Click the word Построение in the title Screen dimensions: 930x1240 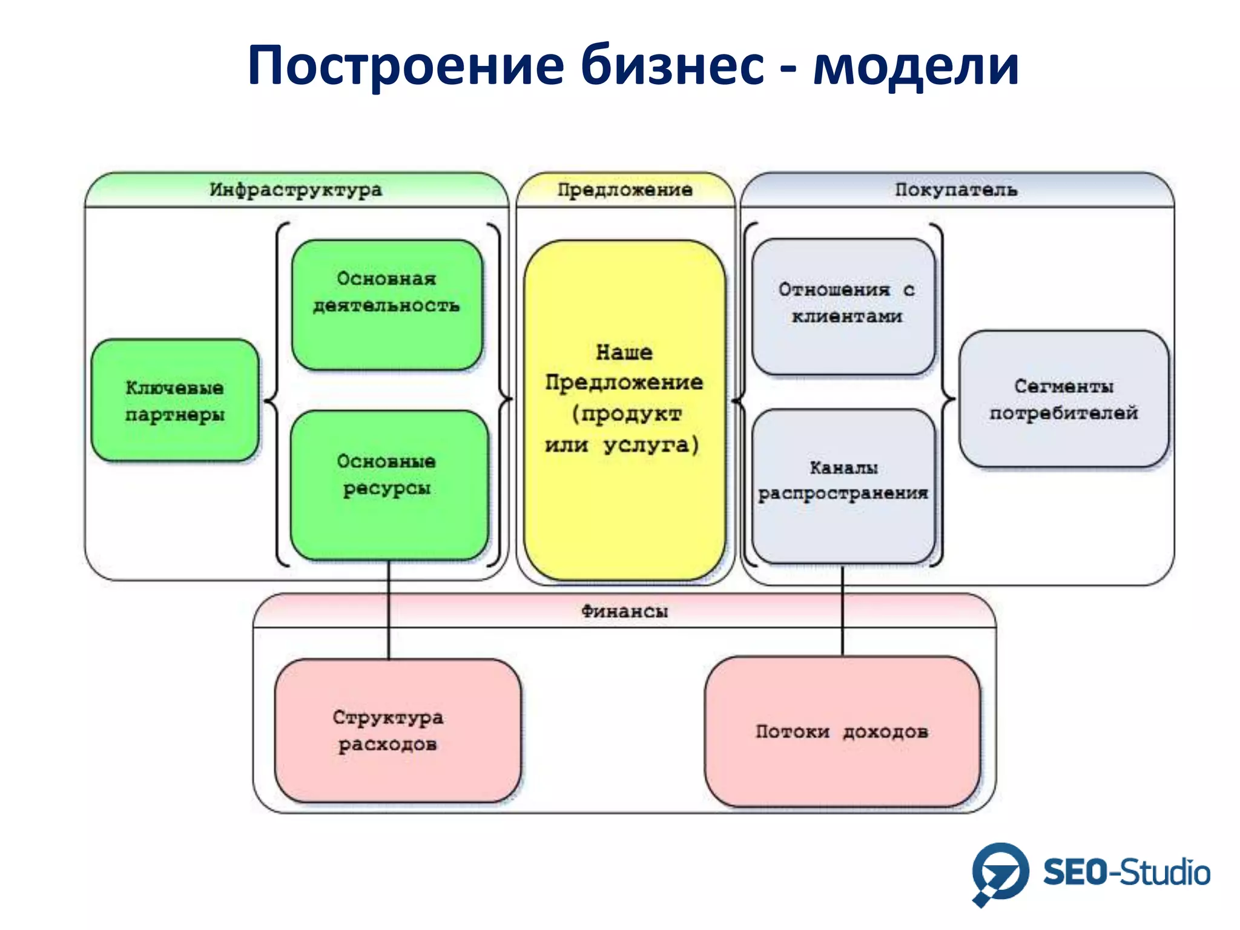click(405, 65)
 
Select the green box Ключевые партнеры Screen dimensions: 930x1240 click(175, 400)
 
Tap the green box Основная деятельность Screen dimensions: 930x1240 click(387, 305)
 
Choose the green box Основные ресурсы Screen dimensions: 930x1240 click(389, 484)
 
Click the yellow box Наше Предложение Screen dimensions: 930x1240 click(624, 411)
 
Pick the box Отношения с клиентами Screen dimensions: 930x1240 click(843, 306)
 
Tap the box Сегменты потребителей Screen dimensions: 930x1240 click(1064, 399)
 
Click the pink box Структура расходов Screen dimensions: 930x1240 click(397, 731)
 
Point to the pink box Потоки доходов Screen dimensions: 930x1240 click(842, 731)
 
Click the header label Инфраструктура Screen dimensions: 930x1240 click(296, 190)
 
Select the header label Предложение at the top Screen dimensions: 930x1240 click(625, 190)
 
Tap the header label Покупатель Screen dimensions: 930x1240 click(956, 190)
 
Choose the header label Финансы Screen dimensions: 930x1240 click(624, 611)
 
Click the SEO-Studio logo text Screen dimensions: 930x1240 click(1126, 873)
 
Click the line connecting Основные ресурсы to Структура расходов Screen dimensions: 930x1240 click(389, 612)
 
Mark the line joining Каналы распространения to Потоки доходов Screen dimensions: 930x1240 click(842, 612)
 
